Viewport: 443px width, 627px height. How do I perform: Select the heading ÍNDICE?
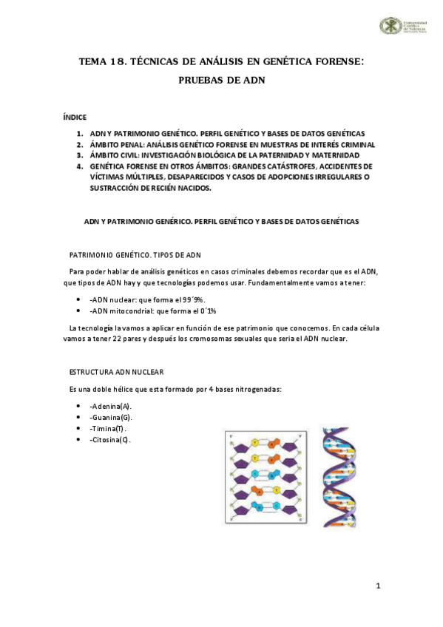75,116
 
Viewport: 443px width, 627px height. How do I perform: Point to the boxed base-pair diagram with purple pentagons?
264,478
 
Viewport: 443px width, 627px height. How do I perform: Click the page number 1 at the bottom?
378,586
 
